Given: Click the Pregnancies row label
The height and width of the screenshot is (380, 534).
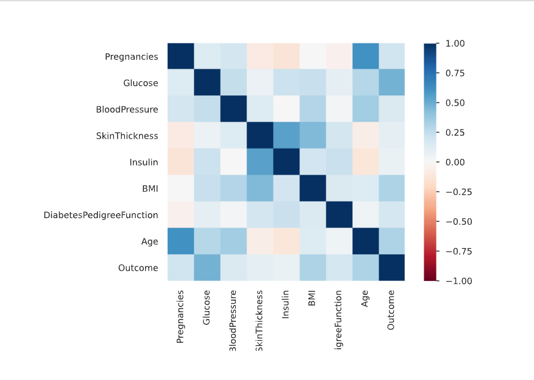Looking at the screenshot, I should (x=131, y=57).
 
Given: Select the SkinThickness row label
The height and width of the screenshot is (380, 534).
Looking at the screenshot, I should (x=127, y=136).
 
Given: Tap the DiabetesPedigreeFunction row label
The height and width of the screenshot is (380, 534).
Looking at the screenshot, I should (x=101, y=215).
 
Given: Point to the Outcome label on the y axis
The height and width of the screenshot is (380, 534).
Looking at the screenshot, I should (x=138, y=268).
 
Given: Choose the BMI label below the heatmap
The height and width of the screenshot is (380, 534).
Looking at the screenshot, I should (x=312, y=298).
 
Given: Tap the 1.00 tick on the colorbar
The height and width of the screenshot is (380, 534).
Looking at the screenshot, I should (x=455, y=44).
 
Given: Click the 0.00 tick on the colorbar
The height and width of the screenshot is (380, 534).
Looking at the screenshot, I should (x=455, y=163).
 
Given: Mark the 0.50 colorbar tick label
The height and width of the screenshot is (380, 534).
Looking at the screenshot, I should (x=455, y=103).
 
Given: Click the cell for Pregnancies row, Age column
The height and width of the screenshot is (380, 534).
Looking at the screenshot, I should (x=365, y=57).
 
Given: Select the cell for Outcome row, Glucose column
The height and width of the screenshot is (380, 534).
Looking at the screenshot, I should (x=207, y=268).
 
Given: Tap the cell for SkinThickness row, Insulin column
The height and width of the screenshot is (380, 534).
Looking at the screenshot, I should (x=286, y=136).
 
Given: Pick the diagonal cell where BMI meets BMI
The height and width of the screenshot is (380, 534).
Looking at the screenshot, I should (x=312, y=189).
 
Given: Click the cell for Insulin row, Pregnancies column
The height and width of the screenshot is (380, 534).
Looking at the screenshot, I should (x=181, y=163).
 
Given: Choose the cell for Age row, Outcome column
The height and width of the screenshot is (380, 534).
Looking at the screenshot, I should (x=391, y=241).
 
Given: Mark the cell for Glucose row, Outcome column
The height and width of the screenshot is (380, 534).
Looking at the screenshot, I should (x=391, y=83).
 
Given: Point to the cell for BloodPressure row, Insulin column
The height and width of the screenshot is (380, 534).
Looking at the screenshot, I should (x=286, y=109).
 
